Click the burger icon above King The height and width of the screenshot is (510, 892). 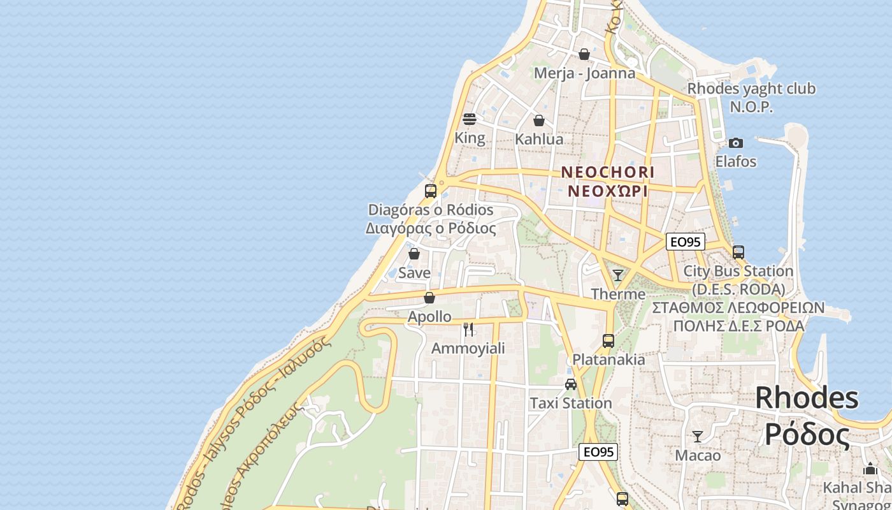tap(470, 119)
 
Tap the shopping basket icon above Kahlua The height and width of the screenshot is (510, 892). tap(539, 120)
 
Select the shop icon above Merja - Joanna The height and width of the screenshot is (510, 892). tap(584, 54)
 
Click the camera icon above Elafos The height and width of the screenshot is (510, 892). tap(736, 143)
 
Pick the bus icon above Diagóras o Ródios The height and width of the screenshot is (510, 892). tap(431, 191)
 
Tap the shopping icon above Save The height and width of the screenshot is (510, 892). tap(414, 254)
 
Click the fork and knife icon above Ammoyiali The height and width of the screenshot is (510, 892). tap(468, 329)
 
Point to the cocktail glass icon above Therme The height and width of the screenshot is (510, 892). tap(618, 275)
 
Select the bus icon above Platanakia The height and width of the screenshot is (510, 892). tap(608, 340)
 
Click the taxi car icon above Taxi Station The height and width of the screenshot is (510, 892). tap(571, 384)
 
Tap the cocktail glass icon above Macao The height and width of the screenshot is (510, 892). tap(698, 437)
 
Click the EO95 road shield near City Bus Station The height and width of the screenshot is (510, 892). tap(686, 242)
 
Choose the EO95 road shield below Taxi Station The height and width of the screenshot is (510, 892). tap(598, 452)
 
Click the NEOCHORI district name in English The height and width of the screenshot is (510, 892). tap(608, 172)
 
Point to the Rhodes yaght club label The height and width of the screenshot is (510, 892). tap(751, 89)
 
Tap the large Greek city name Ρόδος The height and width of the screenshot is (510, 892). tap(807, 435)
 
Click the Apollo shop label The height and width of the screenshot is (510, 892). tap(429, 316)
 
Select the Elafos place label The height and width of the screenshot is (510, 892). tap(736, 161)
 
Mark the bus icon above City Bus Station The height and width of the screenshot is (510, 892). tap(738, 252)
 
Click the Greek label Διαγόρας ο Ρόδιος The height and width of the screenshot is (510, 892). tap(431, 228)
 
